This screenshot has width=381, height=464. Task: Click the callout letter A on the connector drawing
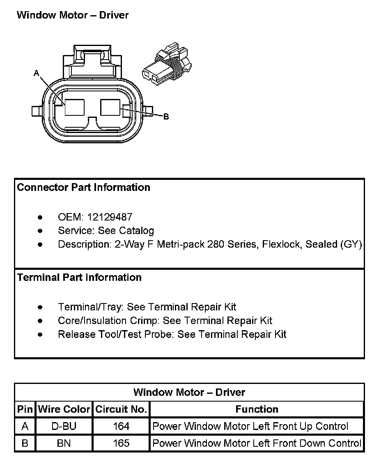[36, 73]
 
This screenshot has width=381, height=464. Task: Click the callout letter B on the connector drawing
[166, 117]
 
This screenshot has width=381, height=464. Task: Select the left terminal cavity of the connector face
[75, 108]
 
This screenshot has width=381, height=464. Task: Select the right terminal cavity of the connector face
[111, 108]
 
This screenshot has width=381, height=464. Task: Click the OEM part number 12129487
[112, 217]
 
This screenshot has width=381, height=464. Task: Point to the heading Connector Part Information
[83, 188]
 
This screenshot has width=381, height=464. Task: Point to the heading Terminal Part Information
[79, 278]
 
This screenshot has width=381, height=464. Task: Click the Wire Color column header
[64, 409]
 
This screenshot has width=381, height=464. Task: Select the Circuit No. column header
[121, 409]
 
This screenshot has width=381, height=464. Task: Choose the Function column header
[257, 409]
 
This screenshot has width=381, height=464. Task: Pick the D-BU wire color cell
[64, 426]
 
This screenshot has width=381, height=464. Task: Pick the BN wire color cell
[64, 443]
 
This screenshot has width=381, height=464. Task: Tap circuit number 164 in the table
[121, 426]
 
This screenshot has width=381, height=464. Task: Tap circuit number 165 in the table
[121, 443]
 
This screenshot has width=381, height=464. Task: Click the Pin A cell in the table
[25, 426]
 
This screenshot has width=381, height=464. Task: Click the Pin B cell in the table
[25, 443]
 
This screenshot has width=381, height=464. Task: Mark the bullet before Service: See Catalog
[40, 231]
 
